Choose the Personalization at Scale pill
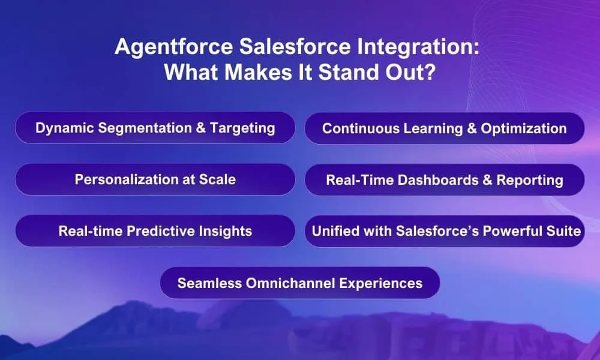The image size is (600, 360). tap(155, 179)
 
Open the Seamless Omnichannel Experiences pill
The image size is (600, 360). tap(299, 283)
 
